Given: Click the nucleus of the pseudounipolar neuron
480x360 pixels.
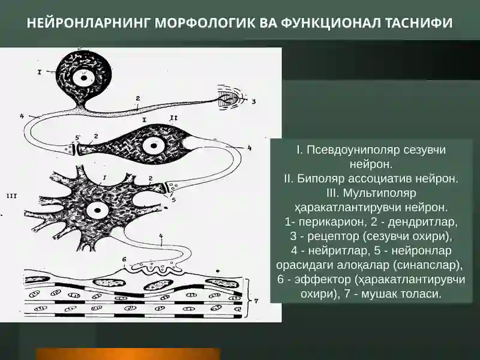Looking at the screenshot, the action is tap(83, 78).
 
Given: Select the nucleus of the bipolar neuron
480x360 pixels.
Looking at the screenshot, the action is tap(152, 146).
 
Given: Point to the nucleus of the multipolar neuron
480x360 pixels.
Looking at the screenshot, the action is tap(97, 211).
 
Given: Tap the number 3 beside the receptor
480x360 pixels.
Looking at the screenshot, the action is tap(253, 101).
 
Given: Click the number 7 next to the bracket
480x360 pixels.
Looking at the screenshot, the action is tap(256, 301).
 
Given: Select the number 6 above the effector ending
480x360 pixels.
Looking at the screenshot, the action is tap(124, 259).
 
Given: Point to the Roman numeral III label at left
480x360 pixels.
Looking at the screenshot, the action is tap(11, 196).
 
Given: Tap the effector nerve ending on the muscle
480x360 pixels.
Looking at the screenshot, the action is tap(155, 268).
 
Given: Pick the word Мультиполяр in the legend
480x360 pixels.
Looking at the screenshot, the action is tap(380, 193).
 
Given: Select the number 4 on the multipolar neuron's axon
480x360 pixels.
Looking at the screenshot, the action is tap(161, 236).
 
